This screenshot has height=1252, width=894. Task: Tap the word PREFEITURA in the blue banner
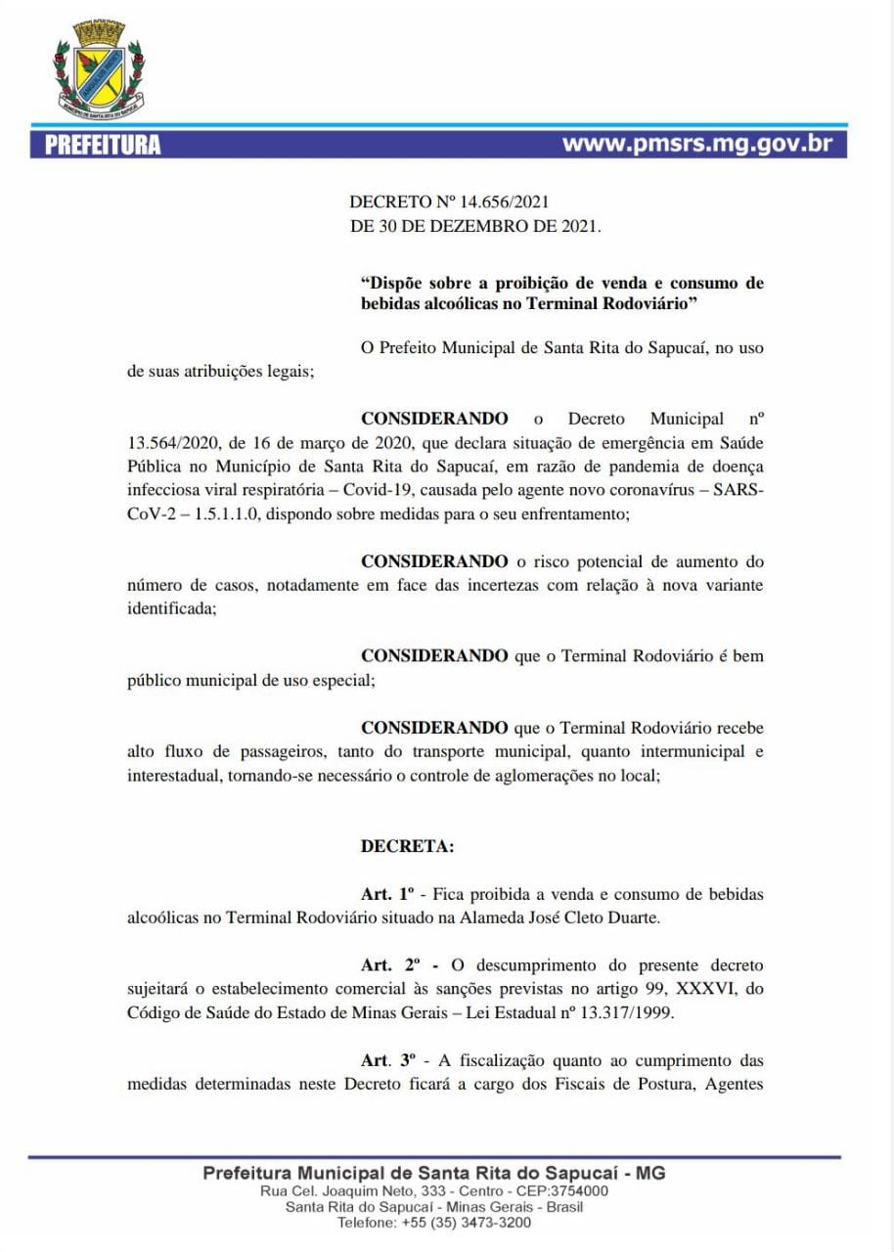click(x=103, y=146)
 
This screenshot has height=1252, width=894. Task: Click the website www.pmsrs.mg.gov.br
click(x=697, y=144)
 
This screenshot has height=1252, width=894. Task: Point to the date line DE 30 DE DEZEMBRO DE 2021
click(x=475, y=226)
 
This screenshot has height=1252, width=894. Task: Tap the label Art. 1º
click(x=388, y=894)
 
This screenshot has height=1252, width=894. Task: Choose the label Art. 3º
click(x=388, y=1060)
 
